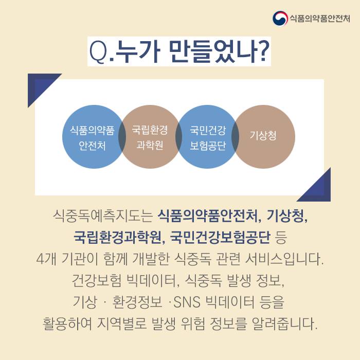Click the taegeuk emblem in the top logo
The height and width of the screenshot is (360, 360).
[280, 19]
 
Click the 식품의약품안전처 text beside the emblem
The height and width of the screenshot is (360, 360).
[320, 19]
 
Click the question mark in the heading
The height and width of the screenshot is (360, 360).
[262, 51]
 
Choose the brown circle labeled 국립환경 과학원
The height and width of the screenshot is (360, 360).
[150, 137]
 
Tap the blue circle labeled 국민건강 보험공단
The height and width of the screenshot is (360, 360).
[207, 137]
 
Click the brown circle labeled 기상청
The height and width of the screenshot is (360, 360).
[263, 137]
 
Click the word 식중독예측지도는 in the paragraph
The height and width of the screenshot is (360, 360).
[103, 217]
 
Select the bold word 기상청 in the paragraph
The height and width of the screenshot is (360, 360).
[286, 217]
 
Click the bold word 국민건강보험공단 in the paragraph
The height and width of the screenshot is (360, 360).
[221, 237]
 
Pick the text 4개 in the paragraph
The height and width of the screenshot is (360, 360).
[46, 259]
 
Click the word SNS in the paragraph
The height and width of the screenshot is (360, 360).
[187, 302]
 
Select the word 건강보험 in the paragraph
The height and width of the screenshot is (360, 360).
[97, 280]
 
